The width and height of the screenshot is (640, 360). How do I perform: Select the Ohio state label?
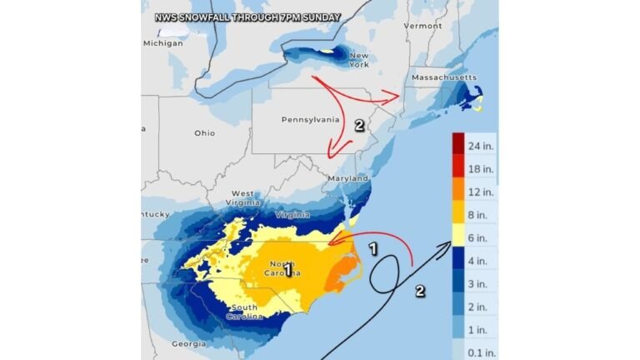[204, 132]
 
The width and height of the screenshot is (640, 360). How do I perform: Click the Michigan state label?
[162, 42]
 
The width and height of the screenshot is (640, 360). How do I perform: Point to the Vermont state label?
[422, 26]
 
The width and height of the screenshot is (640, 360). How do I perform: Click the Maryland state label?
[348, 178]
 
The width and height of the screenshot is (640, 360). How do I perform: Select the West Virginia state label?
[242, 197]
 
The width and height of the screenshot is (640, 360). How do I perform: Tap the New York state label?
[359, 59]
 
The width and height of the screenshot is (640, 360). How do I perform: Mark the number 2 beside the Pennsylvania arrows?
[359, 126]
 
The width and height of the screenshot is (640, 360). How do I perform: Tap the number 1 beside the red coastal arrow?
[373, 247]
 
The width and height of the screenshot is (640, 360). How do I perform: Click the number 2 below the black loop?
[420, 291]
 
